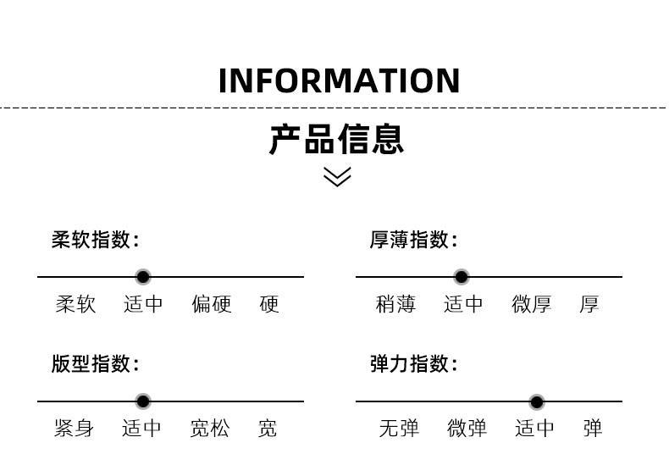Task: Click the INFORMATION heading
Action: (339, 81)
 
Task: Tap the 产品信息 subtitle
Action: (336, 139)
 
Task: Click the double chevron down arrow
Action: (337, 176)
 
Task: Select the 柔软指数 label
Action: (95, 241)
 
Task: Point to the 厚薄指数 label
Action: (413, 241)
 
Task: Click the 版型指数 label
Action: (95, 364)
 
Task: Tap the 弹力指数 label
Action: (413, 364)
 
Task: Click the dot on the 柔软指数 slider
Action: (143, 277)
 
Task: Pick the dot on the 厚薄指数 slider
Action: (462, 277)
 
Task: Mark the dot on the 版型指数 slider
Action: (143, 401)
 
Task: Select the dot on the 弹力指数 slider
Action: (536, 401)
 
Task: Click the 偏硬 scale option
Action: (212, 304)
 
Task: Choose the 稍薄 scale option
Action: (395, 304)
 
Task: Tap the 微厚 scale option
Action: (532, 304)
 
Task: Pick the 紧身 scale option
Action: (74, 429)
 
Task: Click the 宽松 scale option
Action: (210, 429)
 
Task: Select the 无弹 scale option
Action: (399, 429)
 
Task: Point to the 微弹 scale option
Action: (467, 429)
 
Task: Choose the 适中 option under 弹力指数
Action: (535, 429)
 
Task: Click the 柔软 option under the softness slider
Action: (76, 304)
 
